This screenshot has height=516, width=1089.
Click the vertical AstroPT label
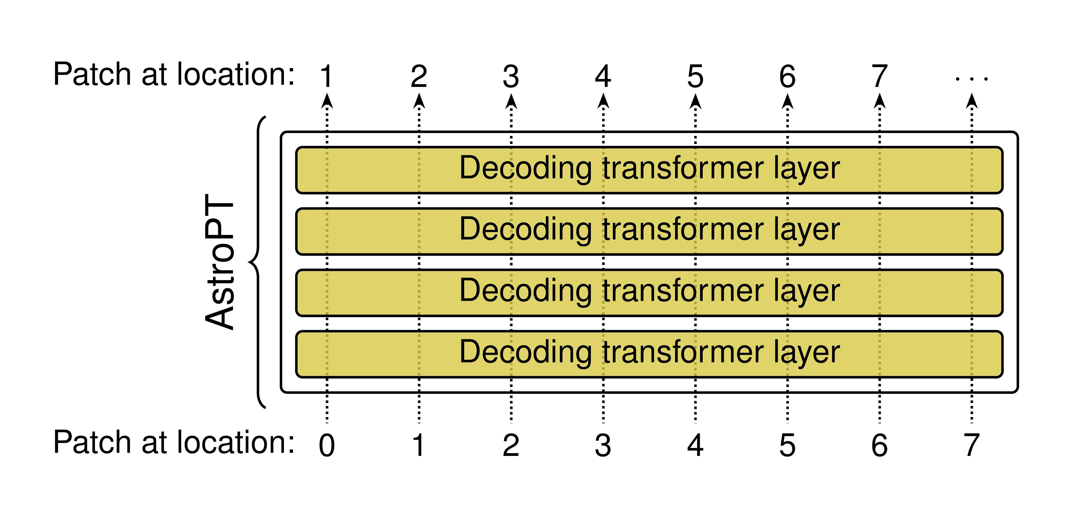pos(219,262)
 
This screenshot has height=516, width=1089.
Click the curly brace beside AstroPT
pos(257,262)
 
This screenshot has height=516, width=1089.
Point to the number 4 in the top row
pos(603,77)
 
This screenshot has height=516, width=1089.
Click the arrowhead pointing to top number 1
pos(327,101)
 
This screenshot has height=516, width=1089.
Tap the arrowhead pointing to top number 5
pos(695,101)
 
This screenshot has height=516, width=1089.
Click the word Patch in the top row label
pos(92,74)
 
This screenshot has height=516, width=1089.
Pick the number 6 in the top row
pos(787,77)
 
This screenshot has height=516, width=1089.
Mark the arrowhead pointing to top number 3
pos(511,101)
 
